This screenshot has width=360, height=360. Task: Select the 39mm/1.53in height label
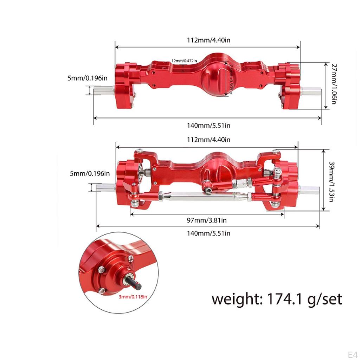tap(332, 182)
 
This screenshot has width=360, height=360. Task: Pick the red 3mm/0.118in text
tap(133, 297)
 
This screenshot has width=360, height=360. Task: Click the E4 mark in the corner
tap(352, 353)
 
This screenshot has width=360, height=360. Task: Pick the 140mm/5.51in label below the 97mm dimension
tap(208, 233)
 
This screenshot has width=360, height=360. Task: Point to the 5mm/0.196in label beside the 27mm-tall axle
tap(88, 78)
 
